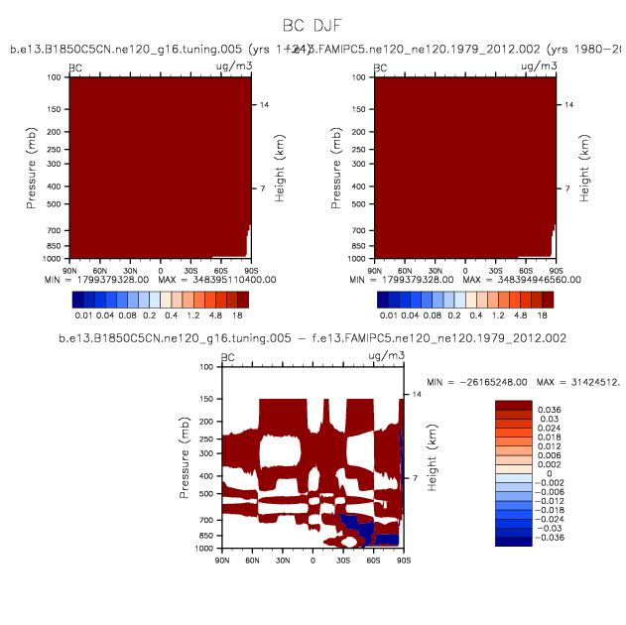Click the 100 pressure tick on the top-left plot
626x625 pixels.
tap(59, 77)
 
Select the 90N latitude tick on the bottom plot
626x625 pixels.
tap(222, 560)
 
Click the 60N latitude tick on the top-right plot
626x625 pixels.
tap(405, 270)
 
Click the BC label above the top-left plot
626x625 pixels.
tap(75, 67)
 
